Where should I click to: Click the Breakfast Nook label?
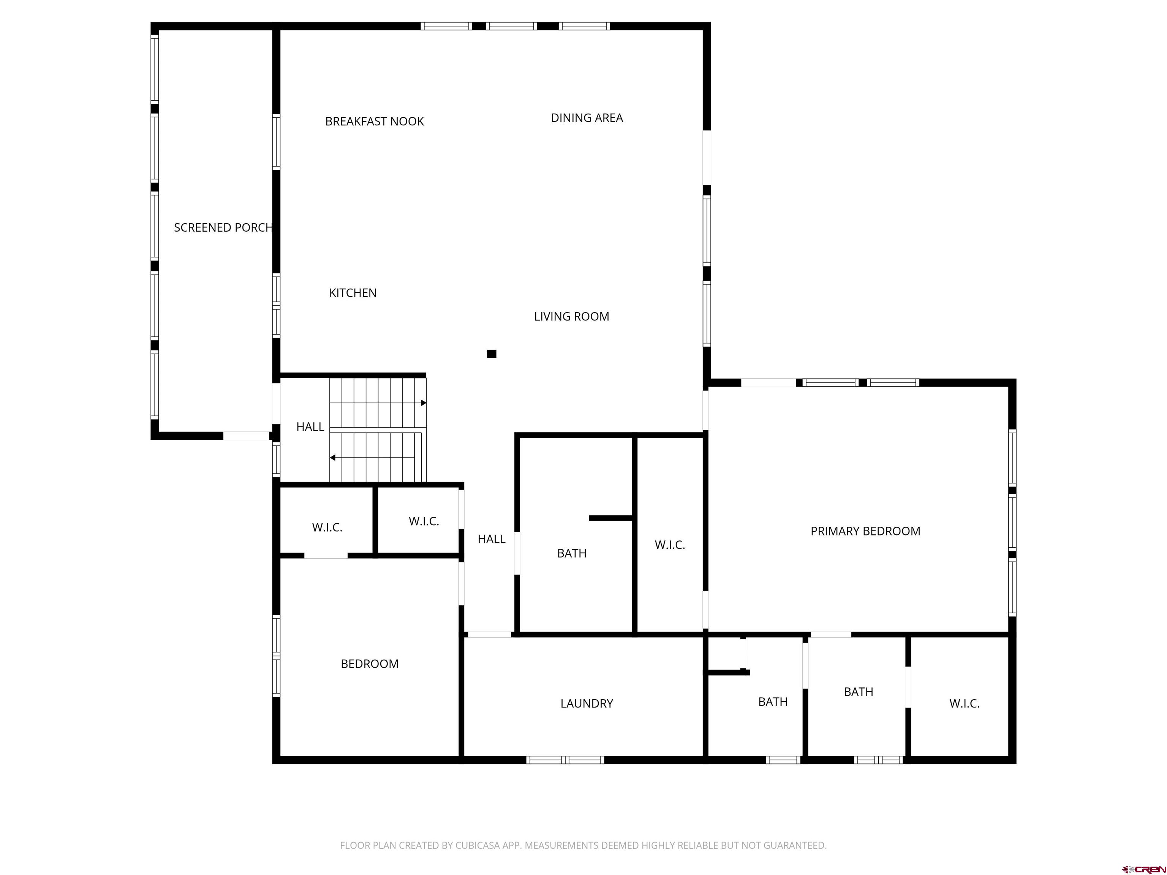(374, 121)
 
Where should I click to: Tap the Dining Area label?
(587, 118)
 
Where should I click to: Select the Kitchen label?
(353, 293)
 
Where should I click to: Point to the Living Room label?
(571, 316)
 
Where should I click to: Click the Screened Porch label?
(223, 227)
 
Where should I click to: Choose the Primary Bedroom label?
(865, 531)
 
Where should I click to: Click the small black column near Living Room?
(491, 354)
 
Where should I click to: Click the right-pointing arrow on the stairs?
(423, 403)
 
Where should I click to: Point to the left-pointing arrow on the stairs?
(333, 457)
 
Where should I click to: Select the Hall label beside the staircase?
(310, 427)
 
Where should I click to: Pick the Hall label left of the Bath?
(491, 539)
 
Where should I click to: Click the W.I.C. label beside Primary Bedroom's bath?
(669, 545)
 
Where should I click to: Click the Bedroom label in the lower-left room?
(369, 664)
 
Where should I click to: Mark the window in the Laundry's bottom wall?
(565, 760)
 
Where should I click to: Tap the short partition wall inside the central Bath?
(610, 518)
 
